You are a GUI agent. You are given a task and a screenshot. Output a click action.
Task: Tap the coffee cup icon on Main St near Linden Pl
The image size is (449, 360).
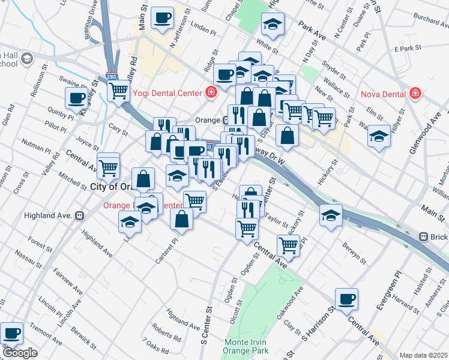click(x=162, y=18)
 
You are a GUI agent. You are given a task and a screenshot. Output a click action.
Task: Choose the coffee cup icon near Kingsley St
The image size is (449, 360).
click(x=77, y=97)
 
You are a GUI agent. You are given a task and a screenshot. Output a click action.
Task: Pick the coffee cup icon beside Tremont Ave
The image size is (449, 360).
click(x=11, y=332)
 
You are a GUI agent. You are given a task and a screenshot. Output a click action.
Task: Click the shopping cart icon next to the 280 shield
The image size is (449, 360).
click(x=119, y=91)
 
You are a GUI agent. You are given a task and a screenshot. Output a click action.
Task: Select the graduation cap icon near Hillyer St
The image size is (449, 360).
click(x=379, y=136)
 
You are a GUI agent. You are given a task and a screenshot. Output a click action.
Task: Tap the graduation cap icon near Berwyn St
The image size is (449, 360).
click(x=330, y=215)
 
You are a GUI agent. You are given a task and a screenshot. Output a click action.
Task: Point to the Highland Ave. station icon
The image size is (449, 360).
click(x=79, y=215)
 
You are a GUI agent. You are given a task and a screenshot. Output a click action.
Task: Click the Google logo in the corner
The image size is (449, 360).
click(x=20, y=353)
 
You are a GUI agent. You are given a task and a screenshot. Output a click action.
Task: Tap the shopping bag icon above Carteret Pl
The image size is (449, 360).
click(x=182, y=219)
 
